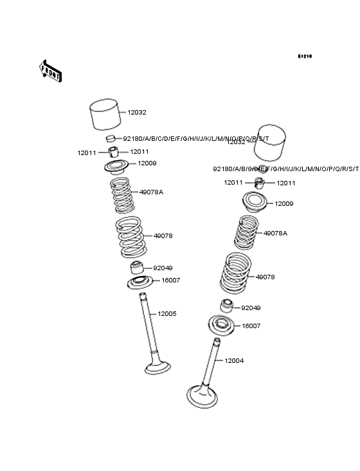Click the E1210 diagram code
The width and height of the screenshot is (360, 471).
(x=304, y=57)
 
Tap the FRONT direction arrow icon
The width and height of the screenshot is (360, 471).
(x=51, y=71)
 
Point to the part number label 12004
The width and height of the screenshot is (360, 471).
(x=234, y=361)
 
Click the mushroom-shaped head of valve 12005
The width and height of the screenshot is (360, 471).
(x=157, y=367)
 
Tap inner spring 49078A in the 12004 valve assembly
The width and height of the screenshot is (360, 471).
(x=246, y=232)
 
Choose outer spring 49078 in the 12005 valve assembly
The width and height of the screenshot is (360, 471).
(x=130, y=237)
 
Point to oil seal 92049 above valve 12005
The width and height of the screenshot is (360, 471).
(x=138, y=267)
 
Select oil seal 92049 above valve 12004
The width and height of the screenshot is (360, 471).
(x=227, y=306)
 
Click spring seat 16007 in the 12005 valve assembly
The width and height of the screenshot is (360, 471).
(x=137, y=282)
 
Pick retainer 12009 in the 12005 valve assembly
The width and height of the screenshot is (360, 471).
(x=118, y=167)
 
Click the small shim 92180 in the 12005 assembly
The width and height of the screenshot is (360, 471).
(x=111, y=139)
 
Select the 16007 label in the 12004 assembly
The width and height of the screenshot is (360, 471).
(x=251, y=326)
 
